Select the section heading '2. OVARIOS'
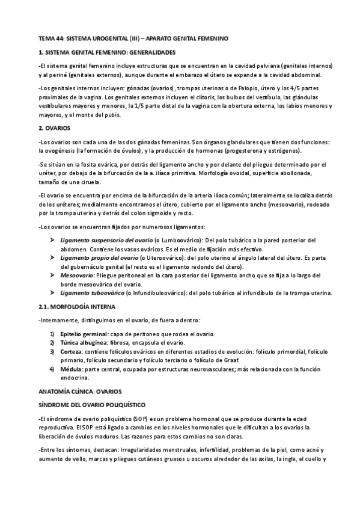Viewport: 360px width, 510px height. coord(54,128)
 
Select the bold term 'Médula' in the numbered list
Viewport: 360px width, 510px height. coord(70,368)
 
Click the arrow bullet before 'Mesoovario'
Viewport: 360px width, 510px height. coord(53,275)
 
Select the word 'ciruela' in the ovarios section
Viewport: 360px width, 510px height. coord(90,182)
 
